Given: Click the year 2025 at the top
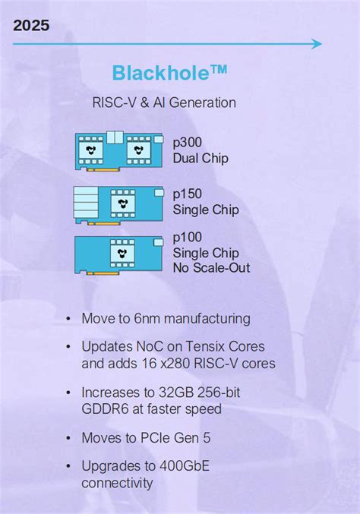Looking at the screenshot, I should tap(31, 26).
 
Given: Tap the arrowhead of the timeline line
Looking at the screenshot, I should tap(317, 44).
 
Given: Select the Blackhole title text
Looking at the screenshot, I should tap(169, 73).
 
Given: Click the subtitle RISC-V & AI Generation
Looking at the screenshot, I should tap(163, 102).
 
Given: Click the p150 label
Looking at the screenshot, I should tap(188, 194).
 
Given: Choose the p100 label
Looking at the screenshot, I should tap(188, 238).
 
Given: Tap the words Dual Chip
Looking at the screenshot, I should tap(201, 159).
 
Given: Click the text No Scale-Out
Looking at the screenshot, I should tap(211, 267).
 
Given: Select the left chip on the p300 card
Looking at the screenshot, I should tap(92, 150).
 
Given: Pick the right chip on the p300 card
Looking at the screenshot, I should tap(137, 150).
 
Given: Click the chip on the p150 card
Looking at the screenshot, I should tap(122, 203).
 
